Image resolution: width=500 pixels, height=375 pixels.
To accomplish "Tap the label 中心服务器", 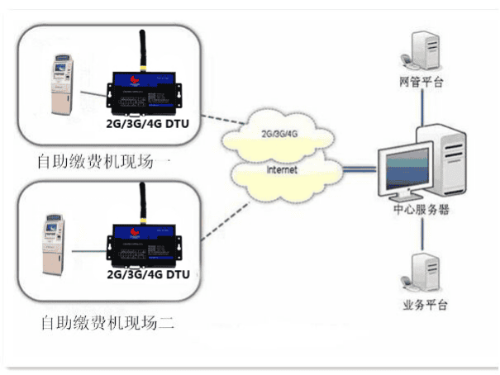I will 421,210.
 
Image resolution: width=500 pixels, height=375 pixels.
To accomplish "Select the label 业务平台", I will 425,305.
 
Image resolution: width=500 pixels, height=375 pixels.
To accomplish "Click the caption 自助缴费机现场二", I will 107,320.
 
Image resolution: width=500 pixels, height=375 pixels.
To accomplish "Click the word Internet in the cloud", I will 282,169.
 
